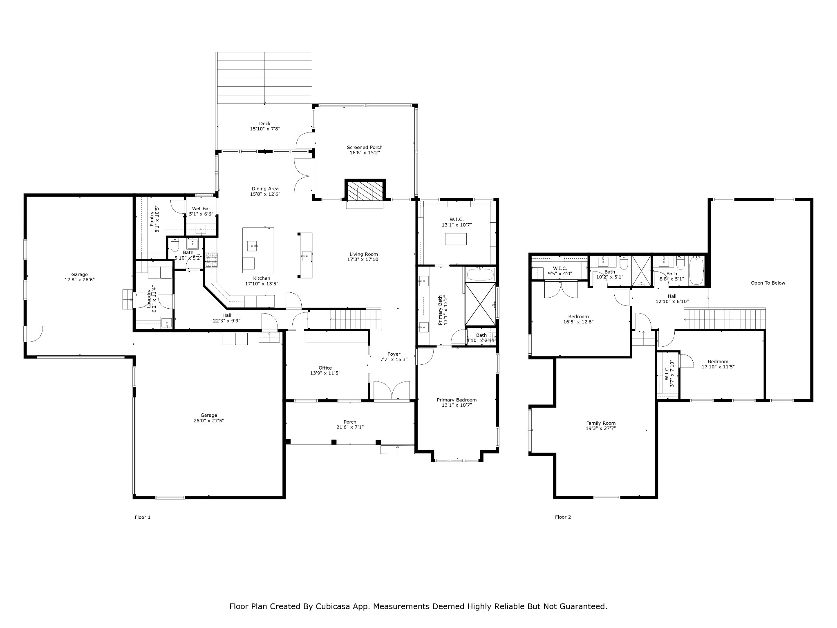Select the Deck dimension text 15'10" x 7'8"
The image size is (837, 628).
(265, 129)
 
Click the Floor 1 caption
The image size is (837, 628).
(143, 517)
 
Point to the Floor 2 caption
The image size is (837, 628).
(563, 517)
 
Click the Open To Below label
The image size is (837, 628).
(768, 283)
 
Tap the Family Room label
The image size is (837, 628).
(601, 423)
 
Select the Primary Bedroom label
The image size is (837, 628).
(457, 400)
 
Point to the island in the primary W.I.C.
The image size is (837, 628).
(456, 239)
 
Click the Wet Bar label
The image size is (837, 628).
(201, 209)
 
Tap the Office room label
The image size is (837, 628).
(325, 368)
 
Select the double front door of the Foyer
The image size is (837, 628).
(392, 391)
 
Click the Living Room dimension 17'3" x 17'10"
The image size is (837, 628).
(364, 259)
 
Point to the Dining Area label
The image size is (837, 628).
(265, 188)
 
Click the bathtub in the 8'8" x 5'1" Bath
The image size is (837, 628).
(696, 271)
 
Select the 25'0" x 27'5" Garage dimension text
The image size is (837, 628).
(209, 420)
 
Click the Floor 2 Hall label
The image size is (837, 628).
(672, 296)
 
